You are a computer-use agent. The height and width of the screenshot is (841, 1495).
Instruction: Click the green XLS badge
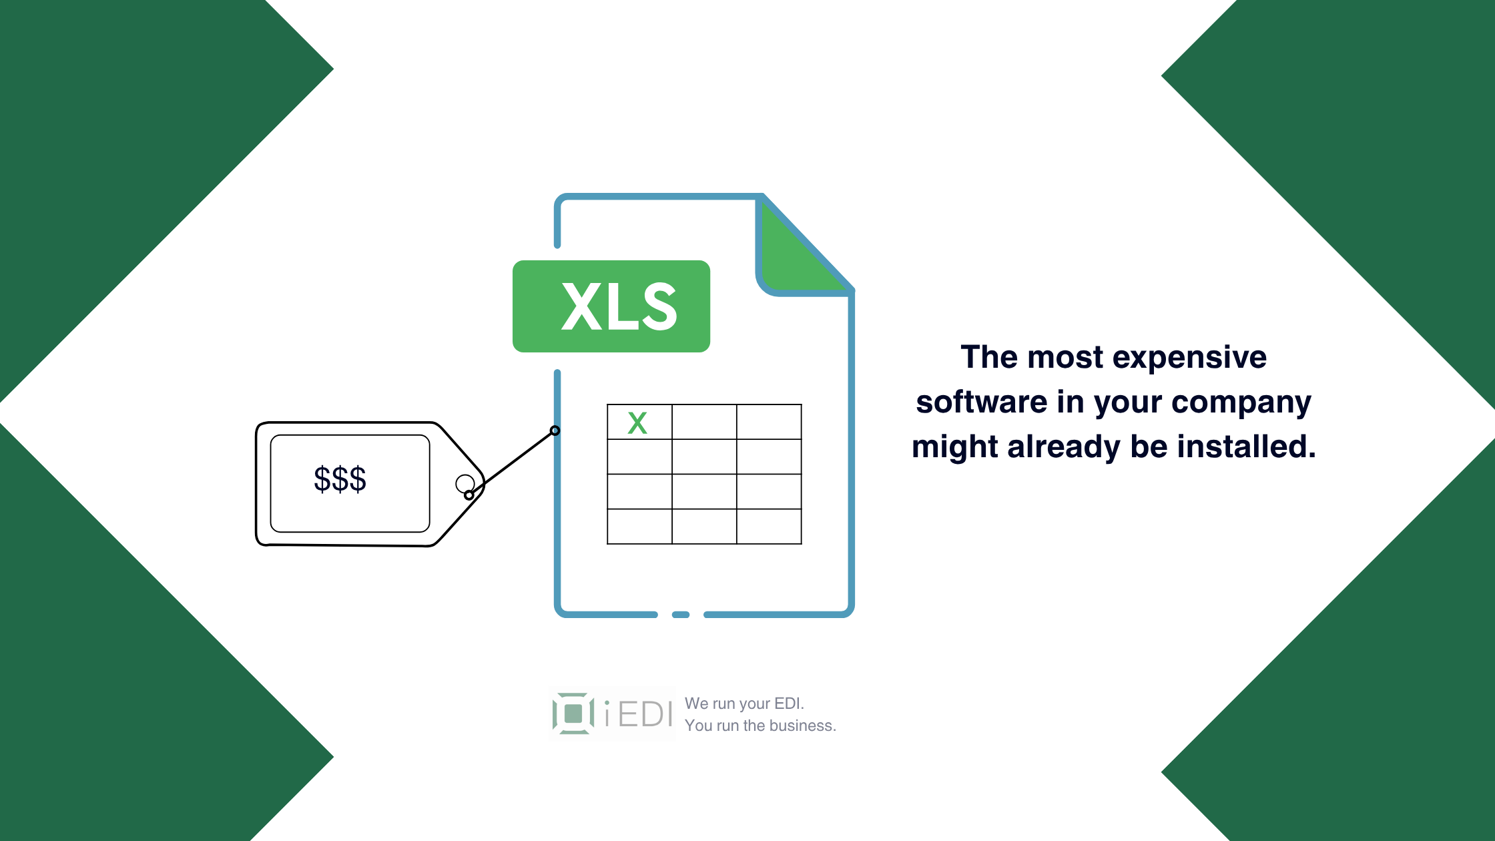(611, 306)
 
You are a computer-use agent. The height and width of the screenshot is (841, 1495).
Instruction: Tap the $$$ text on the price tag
(340, 479)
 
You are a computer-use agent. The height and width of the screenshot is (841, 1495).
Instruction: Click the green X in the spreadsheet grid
(637, 423)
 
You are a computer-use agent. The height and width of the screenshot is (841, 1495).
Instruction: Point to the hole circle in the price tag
(465, 483)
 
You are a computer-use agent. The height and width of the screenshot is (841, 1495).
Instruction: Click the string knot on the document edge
(555, 431)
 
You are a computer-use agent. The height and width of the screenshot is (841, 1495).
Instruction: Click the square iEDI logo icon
(573, 714)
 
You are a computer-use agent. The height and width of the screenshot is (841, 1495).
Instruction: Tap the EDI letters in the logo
(645, 715)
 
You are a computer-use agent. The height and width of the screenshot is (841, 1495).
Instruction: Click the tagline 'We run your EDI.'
(744, 704)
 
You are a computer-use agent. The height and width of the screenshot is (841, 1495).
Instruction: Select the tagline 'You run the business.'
(760, 726)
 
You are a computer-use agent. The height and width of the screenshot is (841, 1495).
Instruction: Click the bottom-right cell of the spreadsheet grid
(769, 527)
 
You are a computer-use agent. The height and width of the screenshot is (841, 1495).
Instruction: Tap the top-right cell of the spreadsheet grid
(769, 422)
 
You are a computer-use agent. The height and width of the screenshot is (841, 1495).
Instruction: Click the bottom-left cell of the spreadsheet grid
(639, 527)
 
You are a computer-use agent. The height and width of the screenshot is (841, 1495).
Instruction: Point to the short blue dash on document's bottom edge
(681, 614)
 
